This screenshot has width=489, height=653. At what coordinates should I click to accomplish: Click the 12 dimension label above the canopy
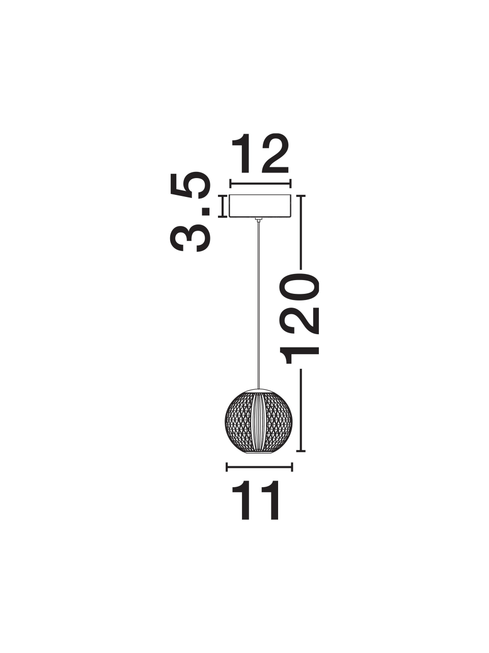pyautogui.click(x=260, y=154)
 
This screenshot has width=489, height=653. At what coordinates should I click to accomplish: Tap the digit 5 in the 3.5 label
pyautogui.click(x=191, y=185)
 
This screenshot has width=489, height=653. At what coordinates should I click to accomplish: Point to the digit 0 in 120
pyautogui.click(x=300, y=287)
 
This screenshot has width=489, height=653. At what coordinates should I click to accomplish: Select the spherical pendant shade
pyautogui.click(x=259, y=425)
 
